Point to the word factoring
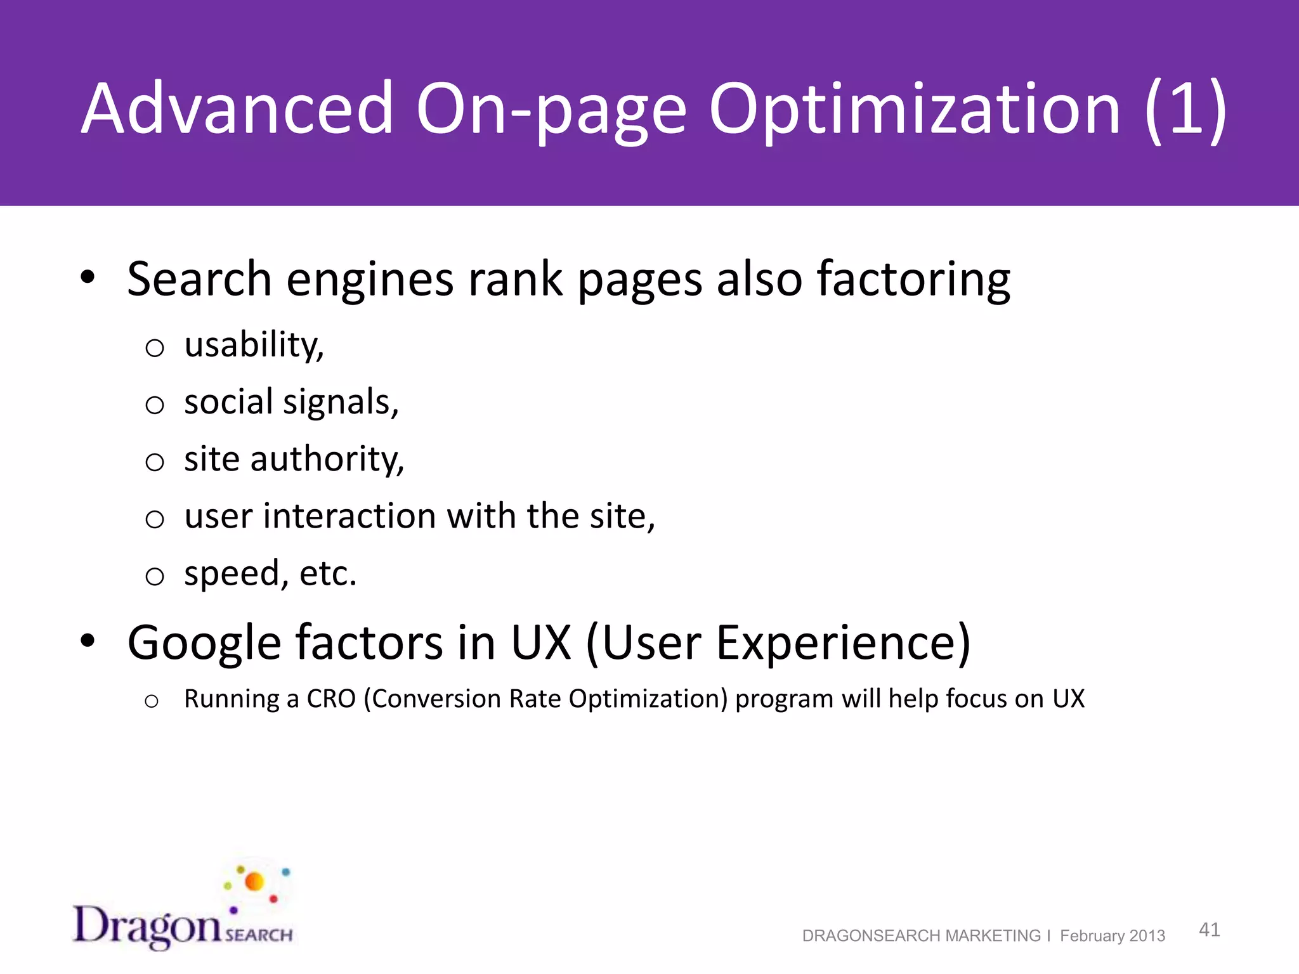(x=913, y=280)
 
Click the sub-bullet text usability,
(x=254, y=346)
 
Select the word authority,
(x=327, y=460)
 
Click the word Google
(x=204, y=643)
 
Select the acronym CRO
(x=331, y=699)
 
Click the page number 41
(x=1209, y=930)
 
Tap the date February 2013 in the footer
(x=1113, y=936)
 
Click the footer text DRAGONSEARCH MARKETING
(x=921, y=936)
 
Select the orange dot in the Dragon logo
(x=254, y=881)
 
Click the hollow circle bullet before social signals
(x=155, y=405)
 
